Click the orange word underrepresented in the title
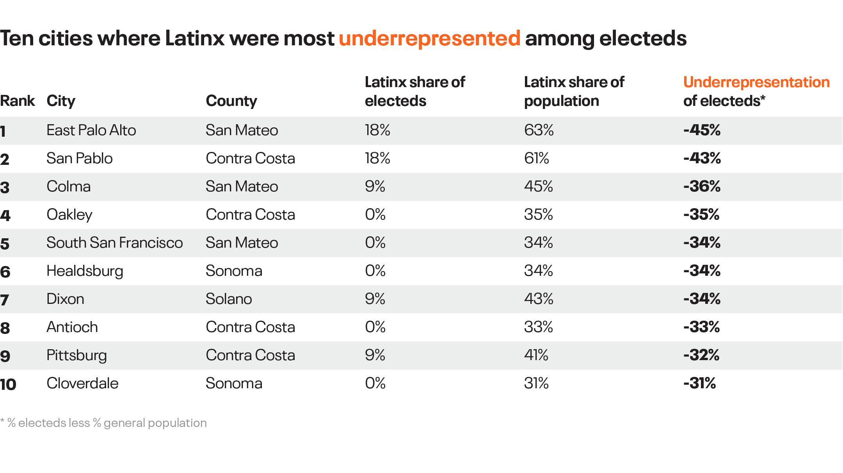[429, 39]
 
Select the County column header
[231, 101]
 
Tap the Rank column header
[18, 101]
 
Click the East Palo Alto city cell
[91, 130]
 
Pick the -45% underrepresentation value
[702, 130]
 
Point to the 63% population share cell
[539, 130]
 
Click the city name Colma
[68, 187]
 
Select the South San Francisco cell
[114, 243]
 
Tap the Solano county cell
[229, 299]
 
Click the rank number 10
[8, 384]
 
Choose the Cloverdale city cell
[82, 384]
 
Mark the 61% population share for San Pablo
[536, 159]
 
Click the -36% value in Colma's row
[702, 186]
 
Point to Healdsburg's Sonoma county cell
[234, 271]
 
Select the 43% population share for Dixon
[539, 299]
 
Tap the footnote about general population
[104, 423]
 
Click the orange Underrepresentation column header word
[756, 82]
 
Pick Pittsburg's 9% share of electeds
[375, 355]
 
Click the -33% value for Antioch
[701, 327]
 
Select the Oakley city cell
[69, 215]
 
